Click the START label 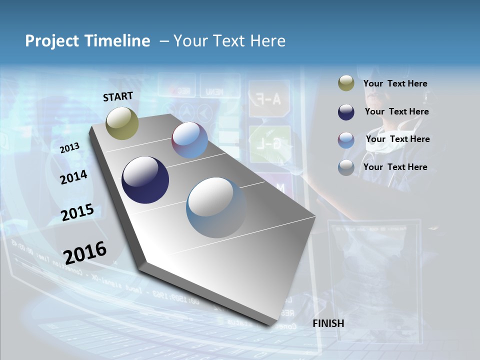[118, 96]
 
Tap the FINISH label [328, 323]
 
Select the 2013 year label [70, 147]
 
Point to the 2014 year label [73, 177]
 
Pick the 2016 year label [85, 252]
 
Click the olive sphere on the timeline [122, 123]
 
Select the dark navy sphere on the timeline [145, 180]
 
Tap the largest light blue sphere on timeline [216, 207]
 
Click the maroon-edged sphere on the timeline [190, 140]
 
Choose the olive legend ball [346, 83]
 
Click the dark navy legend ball [346, 112]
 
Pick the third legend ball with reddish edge [346, 139]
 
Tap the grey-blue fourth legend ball [346, 167]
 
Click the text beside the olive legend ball [395, 83]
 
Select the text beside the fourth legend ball [395, 167]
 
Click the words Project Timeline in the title [87, 41]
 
